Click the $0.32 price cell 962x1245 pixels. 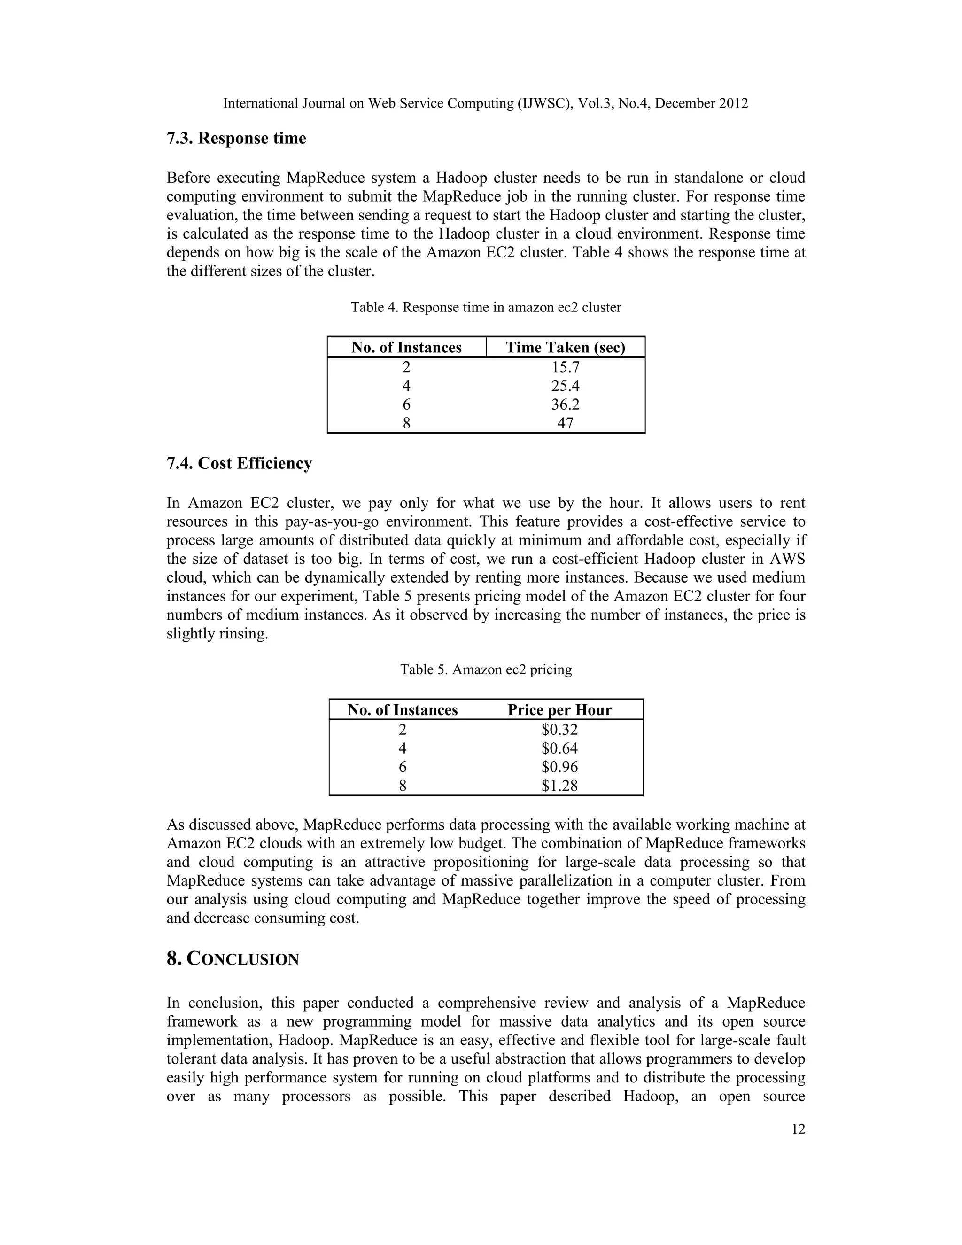[559, 729]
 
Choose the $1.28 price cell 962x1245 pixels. [559, 786]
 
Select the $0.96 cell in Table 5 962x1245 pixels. [559, 767]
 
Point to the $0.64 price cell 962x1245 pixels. [559, 748]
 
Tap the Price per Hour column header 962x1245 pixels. [559, 710]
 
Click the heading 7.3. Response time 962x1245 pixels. [236, 139]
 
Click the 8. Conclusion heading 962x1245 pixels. [233, 959]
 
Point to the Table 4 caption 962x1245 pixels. [486, 307]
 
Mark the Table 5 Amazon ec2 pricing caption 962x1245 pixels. [486, 669]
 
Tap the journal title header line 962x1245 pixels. [486, 103]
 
